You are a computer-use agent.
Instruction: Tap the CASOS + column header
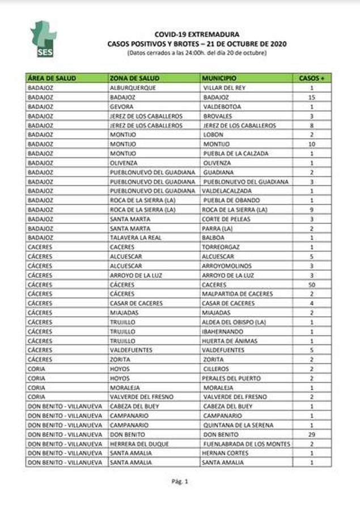click(x=311, y=78)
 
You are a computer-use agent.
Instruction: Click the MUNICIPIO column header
click(x=218, y=78)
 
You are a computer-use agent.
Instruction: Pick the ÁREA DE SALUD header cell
click(x=52, y=78)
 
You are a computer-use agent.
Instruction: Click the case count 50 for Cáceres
click(x=311, y=284)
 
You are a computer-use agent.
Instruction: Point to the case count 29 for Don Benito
click(x=311, y=435)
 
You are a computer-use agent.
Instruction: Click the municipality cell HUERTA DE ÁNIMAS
click(x=229, y=341)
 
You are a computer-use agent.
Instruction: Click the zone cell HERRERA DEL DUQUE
click(x=139, y=444)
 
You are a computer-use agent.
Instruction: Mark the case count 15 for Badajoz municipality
click(x=311, y=97)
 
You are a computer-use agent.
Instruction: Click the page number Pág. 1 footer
click(x=179, y=482)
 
